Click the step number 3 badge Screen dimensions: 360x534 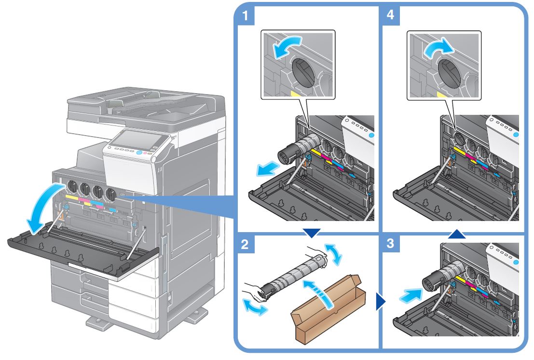point(393,245)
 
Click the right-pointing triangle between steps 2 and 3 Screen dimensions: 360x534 point(381,303)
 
